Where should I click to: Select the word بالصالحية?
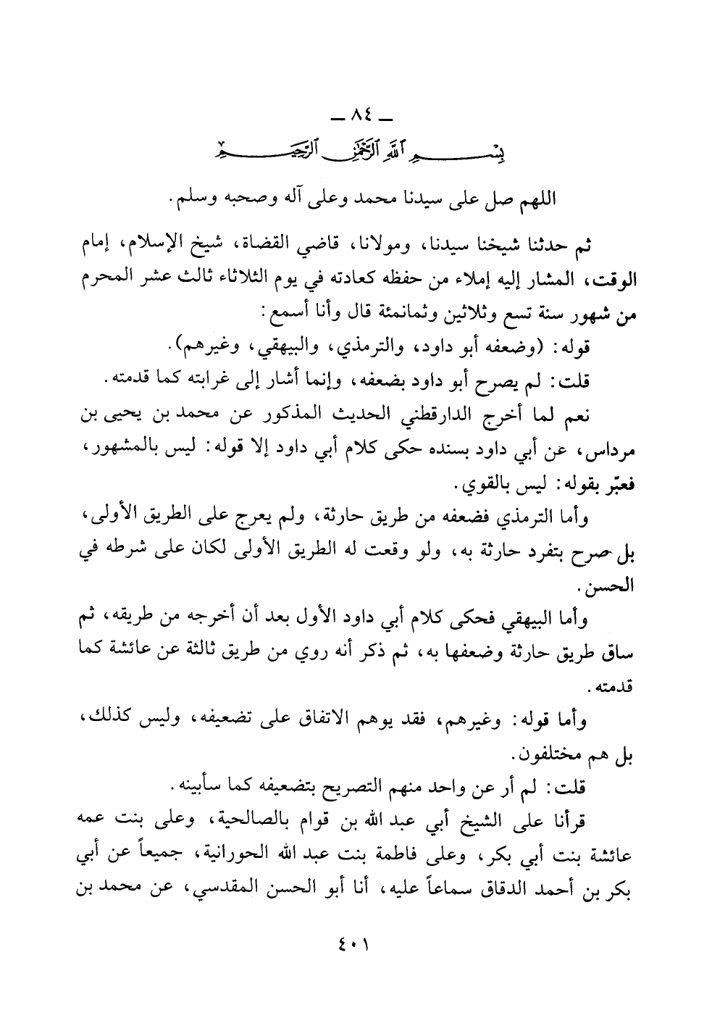pyautogui.click(x=256, y=820)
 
